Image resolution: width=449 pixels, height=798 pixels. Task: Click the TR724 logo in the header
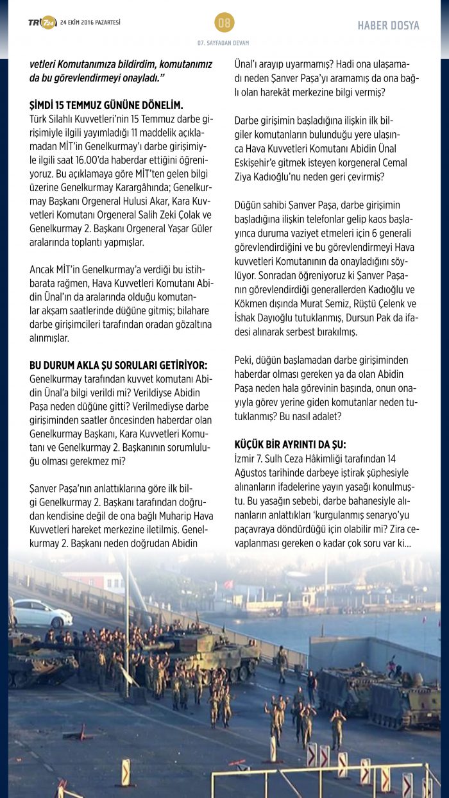tap(42, 23)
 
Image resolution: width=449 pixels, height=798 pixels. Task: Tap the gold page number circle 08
tap(224, 23)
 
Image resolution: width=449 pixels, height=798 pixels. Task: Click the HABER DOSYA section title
tap(388, 26)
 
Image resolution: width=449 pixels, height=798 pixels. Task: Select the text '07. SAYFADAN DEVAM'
tap(224, 43)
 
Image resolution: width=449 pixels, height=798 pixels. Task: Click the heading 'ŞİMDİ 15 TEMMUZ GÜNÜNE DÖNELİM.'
tap(106, 105)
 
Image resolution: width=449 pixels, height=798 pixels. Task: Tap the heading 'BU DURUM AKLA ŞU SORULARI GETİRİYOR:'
tap(119, 365)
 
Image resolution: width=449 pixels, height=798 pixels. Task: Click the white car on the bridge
tap(42, 613)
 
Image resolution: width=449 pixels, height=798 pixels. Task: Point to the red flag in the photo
tap(227, 584)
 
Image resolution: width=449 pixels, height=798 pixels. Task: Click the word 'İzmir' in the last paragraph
tap(246, 458)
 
